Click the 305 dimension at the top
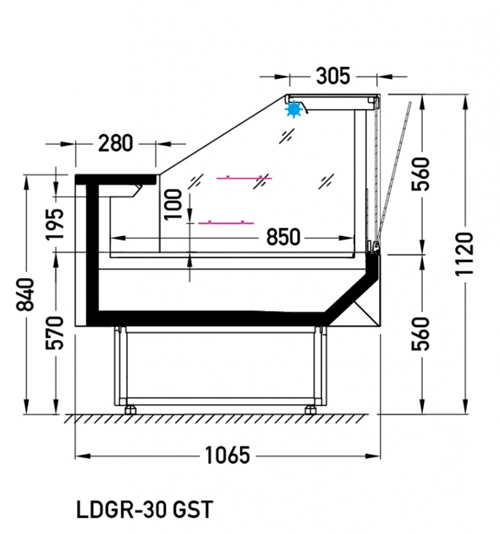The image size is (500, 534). point(333,76)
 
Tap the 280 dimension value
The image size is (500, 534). point(115,144)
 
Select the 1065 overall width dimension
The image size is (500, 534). point(228,455)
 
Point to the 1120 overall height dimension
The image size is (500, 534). point(465,254)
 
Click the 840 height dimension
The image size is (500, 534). point(26,295)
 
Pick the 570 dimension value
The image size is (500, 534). point(55,333)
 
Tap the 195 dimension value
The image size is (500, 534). point(55,224)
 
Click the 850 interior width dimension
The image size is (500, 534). point(283,237)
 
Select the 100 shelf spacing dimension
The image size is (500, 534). point(173,205)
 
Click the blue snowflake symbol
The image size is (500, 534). point(294,110)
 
